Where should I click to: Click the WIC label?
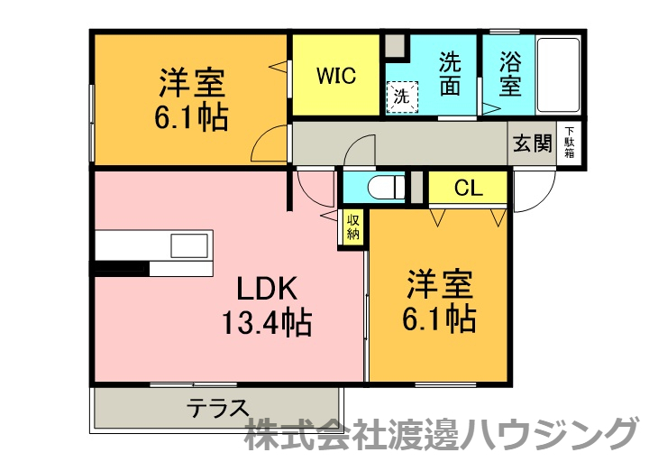(x=335, y=75)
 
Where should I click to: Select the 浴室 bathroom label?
(x=509, y=76)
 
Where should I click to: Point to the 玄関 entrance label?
(x=533, y=143)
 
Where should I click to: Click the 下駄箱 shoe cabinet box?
(x=570, y=143)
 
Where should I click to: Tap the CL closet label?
(x=468, y=189)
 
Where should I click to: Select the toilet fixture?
(x=384, y=189)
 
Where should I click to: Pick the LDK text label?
(x=267, y=289)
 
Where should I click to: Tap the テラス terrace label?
(x=217, y=408)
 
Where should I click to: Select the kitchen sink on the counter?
(x=190, y=245)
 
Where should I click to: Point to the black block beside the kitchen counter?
(x=121, y=268)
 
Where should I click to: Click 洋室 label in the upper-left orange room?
(x=192, y=84)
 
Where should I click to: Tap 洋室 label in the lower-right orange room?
(x=439, y=285)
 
